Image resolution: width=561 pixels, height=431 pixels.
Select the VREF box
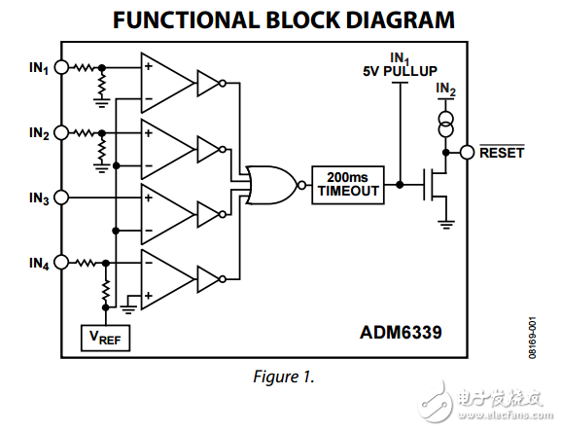point(104,338)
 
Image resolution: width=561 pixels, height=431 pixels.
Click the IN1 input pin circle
point(61,68)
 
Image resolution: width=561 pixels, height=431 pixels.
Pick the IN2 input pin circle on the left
point(61,132)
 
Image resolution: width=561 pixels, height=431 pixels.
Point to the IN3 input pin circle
point(61,198)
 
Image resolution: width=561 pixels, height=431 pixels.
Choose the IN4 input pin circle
point(61,262)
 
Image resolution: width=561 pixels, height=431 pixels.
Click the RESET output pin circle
point(467,152)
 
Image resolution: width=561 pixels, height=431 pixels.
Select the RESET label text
point(501,153)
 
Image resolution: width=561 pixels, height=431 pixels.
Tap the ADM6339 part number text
point(401,332)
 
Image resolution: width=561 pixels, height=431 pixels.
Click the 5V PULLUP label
point(398,70)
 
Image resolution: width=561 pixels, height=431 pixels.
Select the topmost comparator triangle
point(164,83)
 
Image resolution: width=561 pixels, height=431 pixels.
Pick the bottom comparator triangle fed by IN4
point(164,277)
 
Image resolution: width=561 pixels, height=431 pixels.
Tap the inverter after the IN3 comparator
point(209,212)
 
